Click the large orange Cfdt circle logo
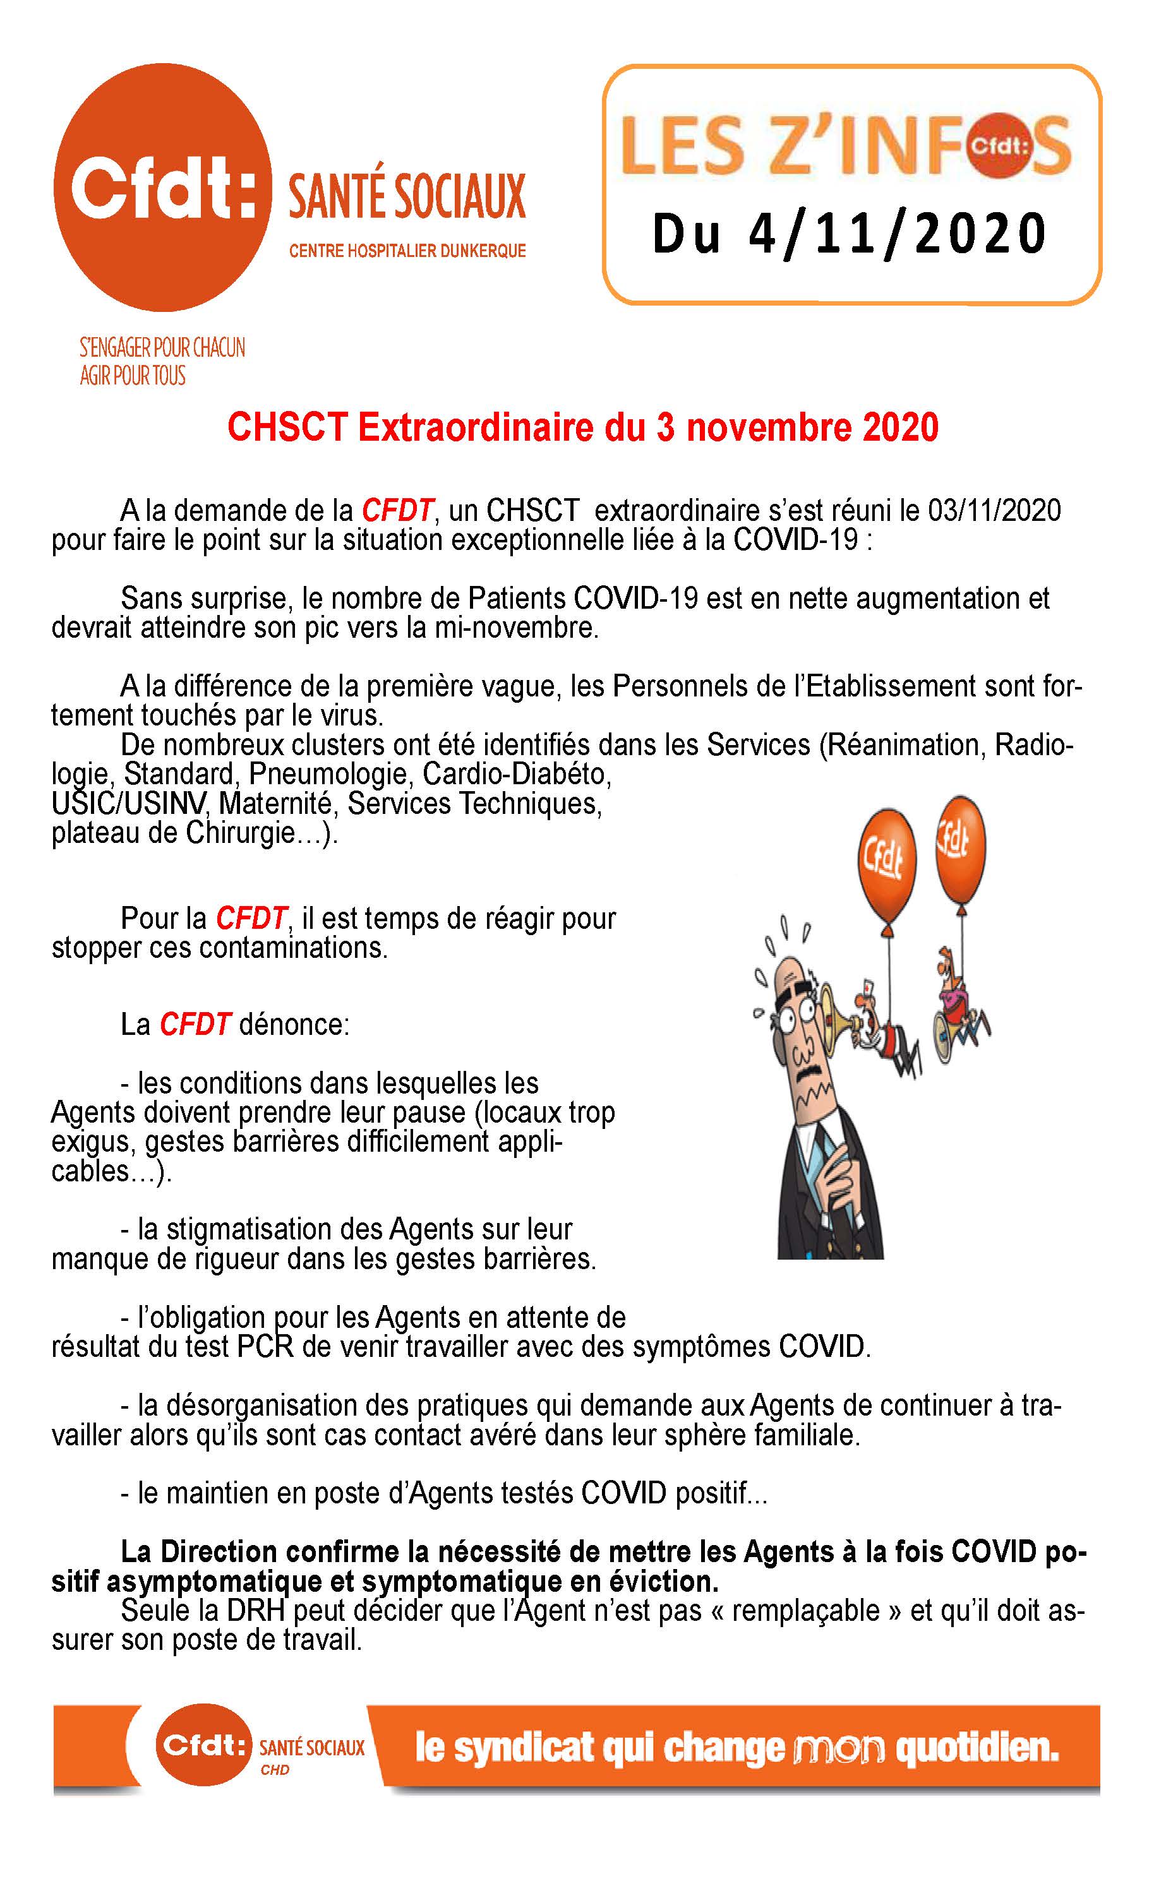coord(162,187)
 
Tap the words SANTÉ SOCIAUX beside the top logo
coord(407,196)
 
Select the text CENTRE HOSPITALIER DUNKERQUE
coord(407,251)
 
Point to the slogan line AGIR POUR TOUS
coord(133,376)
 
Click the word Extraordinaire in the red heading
coord(478,428)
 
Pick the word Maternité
coord(279,803)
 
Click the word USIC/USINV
coord(129,803)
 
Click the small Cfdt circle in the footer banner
coord(204,1743)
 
